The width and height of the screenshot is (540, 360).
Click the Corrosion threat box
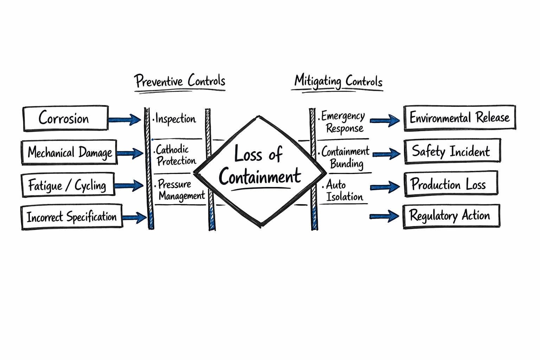tap(65, 118)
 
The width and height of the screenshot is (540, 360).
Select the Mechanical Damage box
tap(69, 153)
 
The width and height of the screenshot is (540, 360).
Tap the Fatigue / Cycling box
tap(67, 185)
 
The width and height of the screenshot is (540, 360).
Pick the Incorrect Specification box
tap(72, 217)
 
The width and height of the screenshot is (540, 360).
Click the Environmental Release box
tap(459, 118)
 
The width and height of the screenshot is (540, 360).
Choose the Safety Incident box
tap(452, 152)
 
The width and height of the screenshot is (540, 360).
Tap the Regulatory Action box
tap(451, 216)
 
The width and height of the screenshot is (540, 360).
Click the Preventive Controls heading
tap(180, 81)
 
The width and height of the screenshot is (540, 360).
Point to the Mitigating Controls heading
tap(338, 81)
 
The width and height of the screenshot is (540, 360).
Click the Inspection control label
tap(175, 119)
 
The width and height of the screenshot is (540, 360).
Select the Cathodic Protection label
tap(176, 155)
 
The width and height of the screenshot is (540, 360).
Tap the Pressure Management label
tap(180, 189)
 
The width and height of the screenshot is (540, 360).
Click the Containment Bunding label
tap(346, 157)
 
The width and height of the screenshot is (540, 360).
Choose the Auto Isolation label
tap(343, 191)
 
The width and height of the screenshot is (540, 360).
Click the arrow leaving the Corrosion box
tap(124, 120)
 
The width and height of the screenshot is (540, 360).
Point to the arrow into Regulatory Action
tap(385, 216)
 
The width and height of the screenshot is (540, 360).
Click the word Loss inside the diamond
tap(248, 154)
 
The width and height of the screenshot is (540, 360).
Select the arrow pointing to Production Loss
tap(385, 187)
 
